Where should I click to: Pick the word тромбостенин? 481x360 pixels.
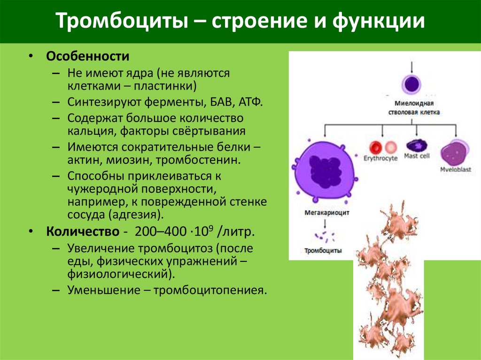(x=202, y=161)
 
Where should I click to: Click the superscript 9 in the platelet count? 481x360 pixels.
(x=211, y=228)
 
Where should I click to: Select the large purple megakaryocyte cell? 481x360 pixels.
(x=325, y=170)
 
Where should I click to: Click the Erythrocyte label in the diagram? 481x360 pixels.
(x=380, y=158)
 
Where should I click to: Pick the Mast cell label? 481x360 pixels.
(x=417, y=156)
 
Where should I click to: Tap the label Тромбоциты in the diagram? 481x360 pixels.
(x=323, y=251)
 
